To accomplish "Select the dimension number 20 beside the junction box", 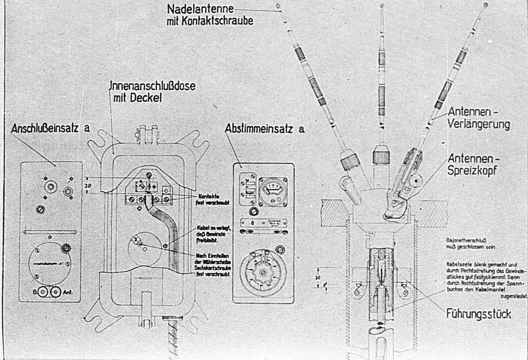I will pyautogui.click(x=89, y=186).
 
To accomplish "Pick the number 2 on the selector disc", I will pyautogui.click(x=136, y=240).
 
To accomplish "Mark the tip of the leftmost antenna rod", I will pyautogui.click(x=278, y=6).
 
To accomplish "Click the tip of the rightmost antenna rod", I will pyautogui.click(x=485, y=7).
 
